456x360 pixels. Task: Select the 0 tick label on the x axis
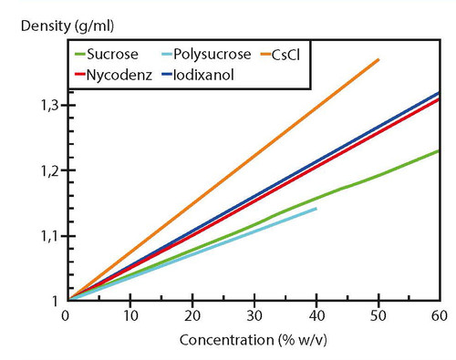[66, 315]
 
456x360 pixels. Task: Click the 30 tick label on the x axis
[253, 315]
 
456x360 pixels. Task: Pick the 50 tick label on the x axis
[377, 315]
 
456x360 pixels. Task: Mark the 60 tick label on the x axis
[439, 315]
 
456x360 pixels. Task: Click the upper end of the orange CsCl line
[378, 59]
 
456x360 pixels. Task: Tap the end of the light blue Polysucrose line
[316, 209]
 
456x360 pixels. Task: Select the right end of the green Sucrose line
[440, 150]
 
